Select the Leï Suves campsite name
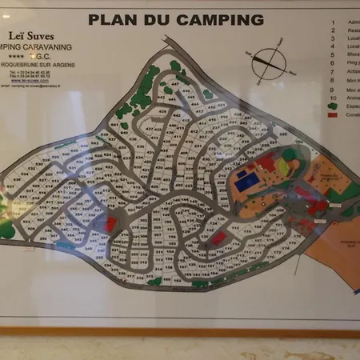49,34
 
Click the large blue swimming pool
247,181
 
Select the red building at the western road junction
110,225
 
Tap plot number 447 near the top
174,82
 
